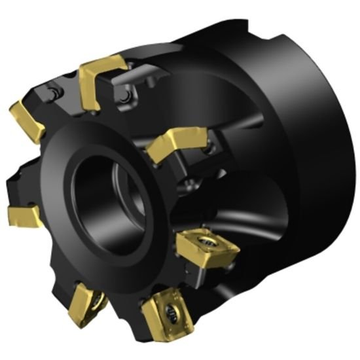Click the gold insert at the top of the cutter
pyautogui.click(x=101, y=73)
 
